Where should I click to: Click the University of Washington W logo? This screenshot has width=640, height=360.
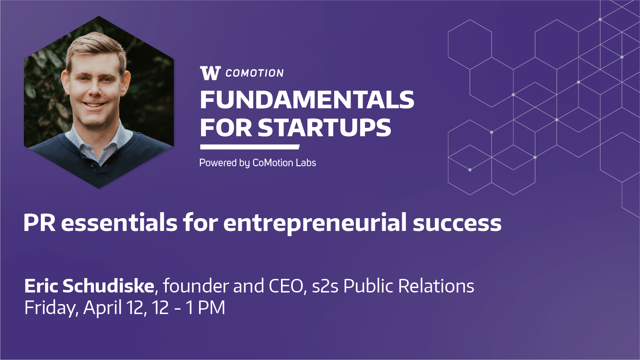tap(210, 73)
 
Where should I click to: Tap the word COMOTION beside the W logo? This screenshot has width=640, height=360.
tap(254, 73)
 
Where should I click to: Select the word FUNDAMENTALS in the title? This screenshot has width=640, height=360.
tap(307, 100)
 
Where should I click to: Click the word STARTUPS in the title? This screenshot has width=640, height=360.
tap(324, 127)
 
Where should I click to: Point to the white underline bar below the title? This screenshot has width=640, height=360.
tap(250, 147)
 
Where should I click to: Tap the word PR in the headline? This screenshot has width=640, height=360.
tap(40, 223)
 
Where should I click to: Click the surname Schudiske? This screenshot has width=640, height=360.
tap(108, 286)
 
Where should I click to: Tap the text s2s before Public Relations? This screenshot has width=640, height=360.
tap(325, 286)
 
